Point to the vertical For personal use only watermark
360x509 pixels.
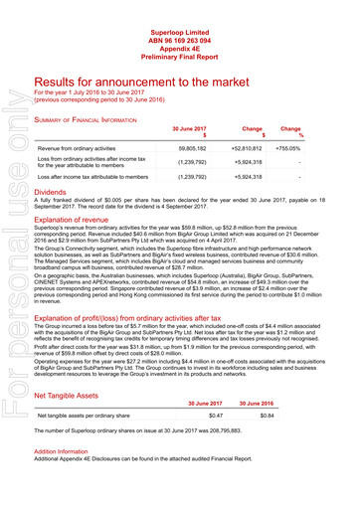[x=14, y=288]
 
